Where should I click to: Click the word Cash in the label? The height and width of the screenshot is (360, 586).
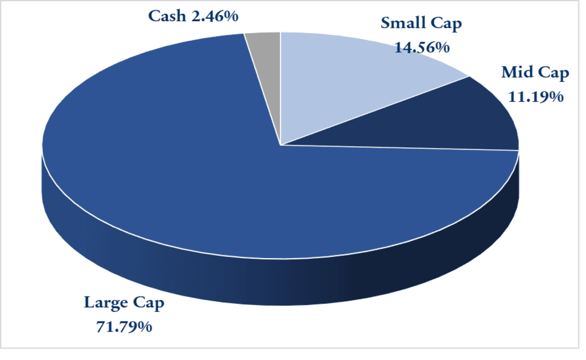[x=167, y=16]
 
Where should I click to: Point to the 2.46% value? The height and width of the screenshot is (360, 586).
[x=214, y=16]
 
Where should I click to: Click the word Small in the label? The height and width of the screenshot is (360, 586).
[x=402, y=25]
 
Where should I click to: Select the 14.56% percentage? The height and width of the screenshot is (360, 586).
[x=422, y=48]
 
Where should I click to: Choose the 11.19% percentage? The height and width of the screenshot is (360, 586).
[x=535, y=97]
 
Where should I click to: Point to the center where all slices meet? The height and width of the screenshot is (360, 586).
[x=280, y=145]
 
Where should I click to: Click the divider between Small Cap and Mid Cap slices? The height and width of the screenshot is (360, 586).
[x=375, y=110]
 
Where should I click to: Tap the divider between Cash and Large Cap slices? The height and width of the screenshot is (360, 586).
[x=262, y=89]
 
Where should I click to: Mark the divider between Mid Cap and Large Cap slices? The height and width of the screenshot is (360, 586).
[x=401, y=148]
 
